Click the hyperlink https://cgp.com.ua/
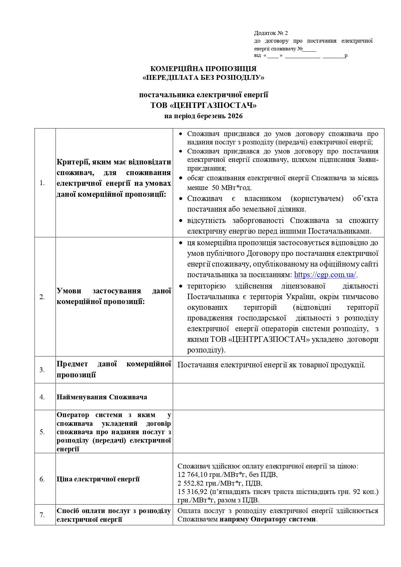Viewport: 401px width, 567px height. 325,275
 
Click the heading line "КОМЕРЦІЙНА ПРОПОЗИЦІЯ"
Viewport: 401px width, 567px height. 203,69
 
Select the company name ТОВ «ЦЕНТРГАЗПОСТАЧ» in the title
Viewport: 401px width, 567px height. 203,105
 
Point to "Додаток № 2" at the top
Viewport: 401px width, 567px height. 271,33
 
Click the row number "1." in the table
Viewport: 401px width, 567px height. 42,183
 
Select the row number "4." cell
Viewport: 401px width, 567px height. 42,397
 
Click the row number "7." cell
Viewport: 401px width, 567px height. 42,515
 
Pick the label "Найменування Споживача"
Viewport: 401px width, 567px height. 102,397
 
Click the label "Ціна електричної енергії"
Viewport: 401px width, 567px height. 98,479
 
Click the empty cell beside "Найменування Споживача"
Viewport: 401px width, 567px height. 278,397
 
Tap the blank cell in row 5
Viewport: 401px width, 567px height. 278,432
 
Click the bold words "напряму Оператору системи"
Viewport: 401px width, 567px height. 267,520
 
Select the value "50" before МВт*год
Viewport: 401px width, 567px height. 216,188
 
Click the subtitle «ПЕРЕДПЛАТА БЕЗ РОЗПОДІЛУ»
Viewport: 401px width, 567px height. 203,78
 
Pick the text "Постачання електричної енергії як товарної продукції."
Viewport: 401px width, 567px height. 271,365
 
